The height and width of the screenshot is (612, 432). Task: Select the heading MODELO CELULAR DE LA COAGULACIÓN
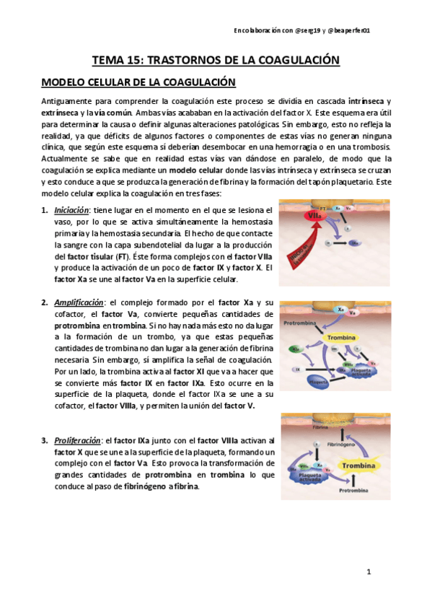click(x=139, y=82)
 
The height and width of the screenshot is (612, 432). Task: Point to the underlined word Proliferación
click(x=76, y=440)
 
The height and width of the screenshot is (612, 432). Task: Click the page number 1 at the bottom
click(x=368, y=572)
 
